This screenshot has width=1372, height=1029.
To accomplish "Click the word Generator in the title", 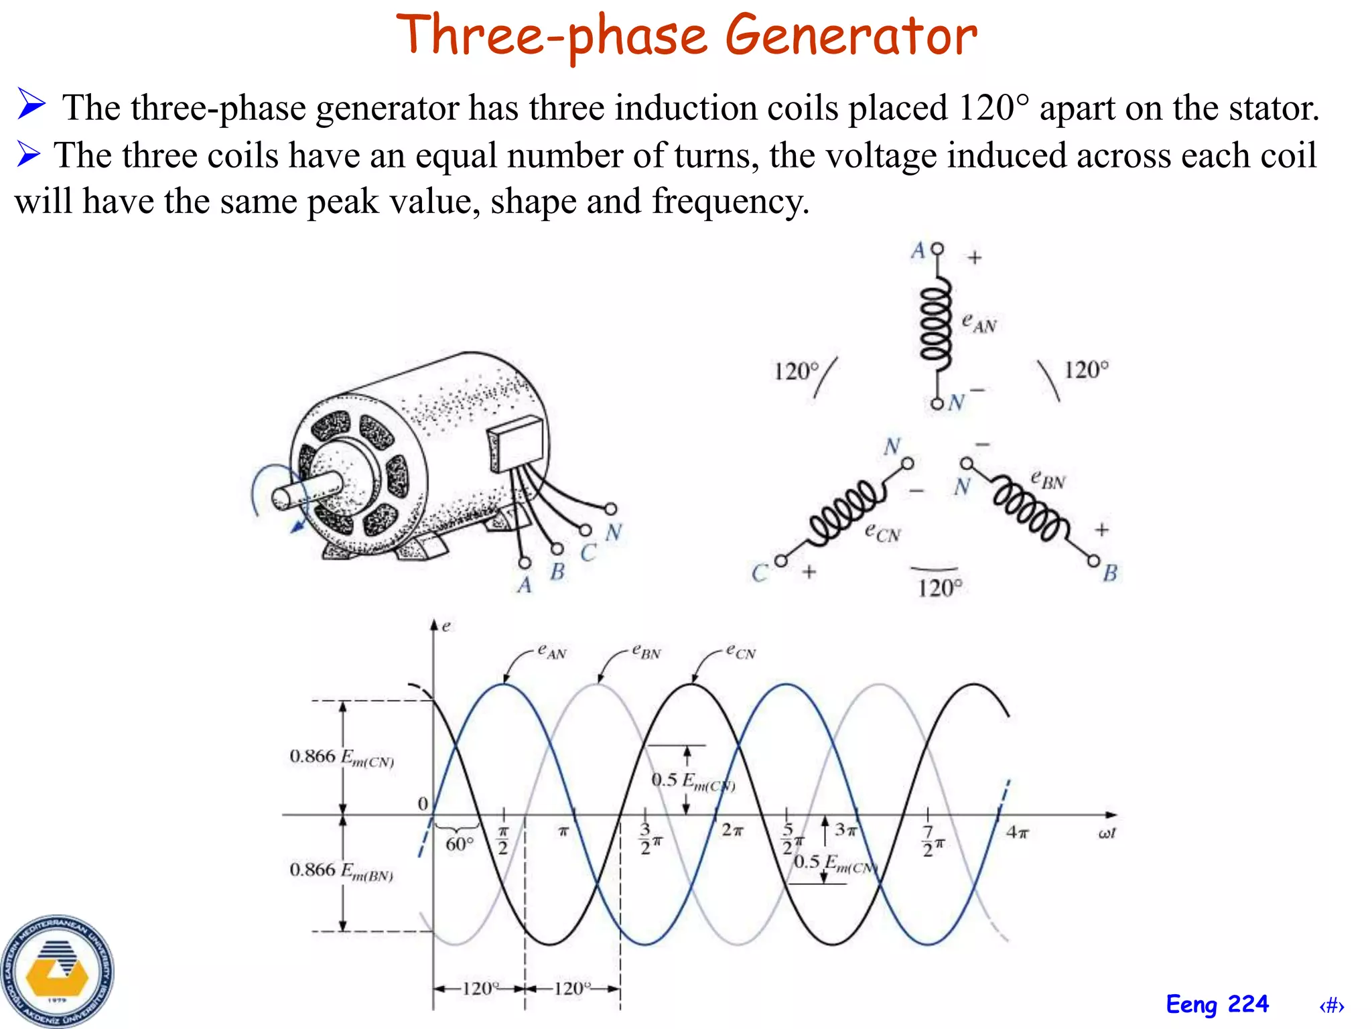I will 851,36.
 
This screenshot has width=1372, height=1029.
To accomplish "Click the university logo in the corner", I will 57,971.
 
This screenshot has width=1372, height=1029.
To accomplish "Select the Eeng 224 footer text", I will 1217,1004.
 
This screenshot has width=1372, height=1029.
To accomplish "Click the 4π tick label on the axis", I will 1017,833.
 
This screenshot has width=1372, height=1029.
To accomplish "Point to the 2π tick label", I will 732,831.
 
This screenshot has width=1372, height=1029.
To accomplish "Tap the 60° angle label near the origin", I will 460,844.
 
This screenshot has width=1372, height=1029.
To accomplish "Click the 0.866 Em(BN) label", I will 341,871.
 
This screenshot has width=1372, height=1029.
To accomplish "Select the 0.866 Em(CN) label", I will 341,758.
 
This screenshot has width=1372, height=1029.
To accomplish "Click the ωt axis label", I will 1107,833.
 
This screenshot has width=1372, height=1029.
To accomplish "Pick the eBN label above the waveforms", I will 646,651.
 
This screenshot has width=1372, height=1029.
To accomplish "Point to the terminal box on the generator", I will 517,442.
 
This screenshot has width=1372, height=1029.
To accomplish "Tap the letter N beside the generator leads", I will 613,533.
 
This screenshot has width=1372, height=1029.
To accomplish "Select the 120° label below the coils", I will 939,588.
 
